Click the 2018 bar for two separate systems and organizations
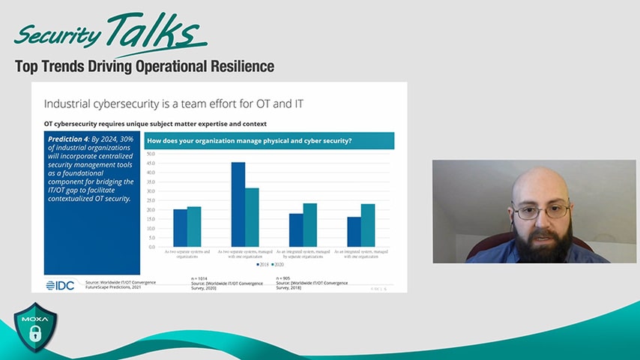point(180,228)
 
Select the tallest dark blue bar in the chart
point(238,204)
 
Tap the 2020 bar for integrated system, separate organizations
point(310,225)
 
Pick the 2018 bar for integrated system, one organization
point(354,232)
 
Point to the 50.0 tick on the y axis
point(150,154)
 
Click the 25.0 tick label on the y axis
point(150,200)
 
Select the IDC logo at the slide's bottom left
point(60,285)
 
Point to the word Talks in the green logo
point(155,31)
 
